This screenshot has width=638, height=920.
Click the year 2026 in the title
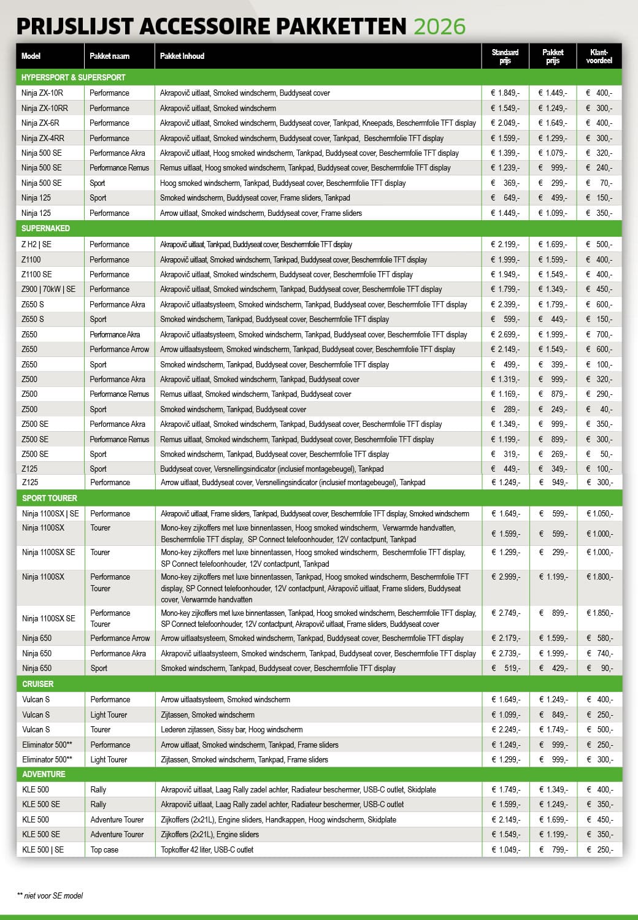pos(439,26)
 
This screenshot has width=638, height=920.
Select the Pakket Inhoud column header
pos(182,56)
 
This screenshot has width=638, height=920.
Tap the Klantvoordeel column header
pos(599,56)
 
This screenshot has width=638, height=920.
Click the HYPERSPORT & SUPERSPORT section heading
pos(73,77)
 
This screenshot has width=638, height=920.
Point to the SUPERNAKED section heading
pos(45,228)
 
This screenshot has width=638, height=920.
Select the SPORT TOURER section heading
pos(50,498)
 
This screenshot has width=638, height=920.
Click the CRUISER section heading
pos(38,684)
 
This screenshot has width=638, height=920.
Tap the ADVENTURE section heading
pos(44,774)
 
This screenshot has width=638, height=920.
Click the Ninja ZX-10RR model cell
pos(45,108)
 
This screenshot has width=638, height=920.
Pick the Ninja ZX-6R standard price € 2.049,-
pos(505,123)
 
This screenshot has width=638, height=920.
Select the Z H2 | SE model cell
pos(36,244)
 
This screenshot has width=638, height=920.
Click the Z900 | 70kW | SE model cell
pos(48,289)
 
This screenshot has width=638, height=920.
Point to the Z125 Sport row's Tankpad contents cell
pos(272,469)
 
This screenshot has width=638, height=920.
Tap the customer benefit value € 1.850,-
pos(599,613)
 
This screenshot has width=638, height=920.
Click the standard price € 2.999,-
pos(505,577)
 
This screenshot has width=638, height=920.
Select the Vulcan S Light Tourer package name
pos(109,715)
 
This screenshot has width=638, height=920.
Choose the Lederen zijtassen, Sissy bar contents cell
pos(231,729)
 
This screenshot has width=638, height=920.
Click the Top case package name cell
pos(104,849)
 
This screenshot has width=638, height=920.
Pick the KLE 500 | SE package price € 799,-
pos(553,849)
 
